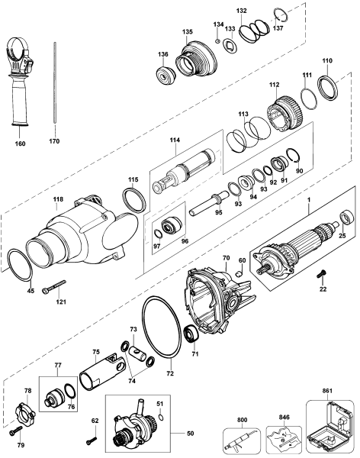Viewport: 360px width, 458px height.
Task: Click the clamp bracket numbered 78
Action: click(27, 414)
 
